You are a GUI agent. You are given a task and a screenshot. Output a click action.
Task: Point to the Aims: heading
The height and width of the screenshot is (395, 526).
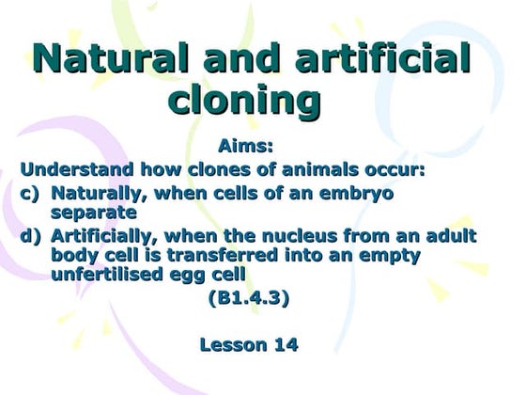[248, 148]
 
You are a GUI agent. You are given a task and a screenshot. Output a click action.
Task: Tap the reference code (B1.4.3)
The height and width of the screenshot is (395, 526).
[248, 299]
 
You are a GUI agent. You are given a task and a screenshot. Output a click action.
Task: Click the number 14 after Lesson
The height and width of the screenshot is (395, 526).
[285, 345]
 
